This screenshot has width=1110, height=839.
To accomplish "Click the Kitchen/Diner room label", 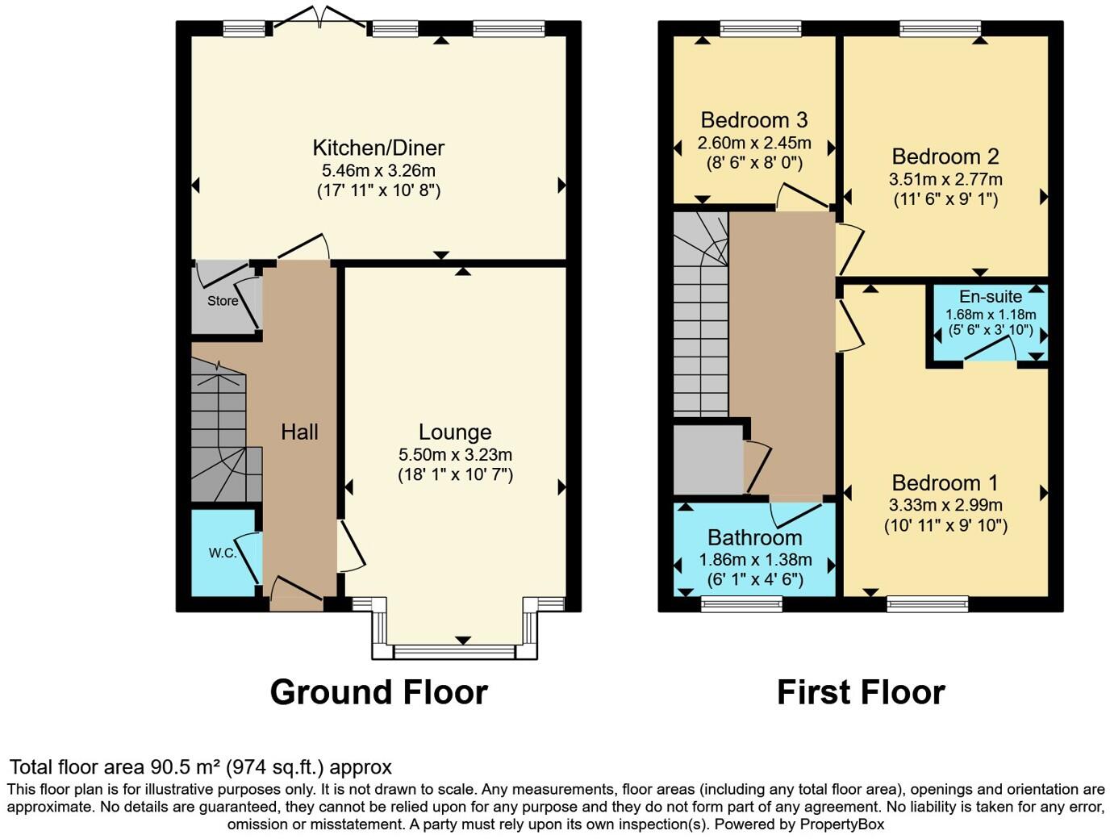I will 378,148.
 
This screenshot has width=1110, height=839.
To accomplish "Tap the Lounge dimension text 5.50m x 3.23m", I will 455,455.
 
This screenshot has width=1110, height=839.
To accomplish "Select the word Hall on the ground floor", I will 299,432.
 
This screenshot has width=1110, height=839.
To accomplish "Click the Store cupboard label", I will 223,301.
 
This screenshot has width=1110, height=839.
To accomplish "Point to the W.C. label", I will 223,553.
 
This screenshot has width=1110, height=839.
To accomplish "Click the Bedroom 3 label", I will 753,120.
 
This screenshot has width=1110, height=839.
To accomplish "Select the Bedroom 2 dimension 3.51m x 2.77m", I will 945,179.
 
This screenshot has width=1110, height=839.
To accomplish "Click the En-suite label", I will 991,297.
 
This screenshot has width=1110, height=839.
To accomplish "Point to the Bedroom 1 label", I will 945,482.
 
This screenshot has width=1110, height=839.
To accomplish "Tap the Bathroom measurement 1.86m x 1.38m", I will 755,560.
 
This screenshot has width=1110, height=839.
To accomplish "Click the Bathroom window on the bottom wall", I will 741,603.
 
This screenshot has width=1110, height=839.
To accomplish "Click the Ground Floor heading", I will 378,692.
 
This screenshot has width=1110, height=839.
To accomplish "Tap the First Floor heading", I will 861,692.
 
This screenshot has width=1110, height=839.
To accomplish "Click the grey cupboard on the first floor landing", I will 707,460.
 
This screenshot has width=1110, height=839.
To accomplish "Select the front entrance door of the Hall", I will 296,597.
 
